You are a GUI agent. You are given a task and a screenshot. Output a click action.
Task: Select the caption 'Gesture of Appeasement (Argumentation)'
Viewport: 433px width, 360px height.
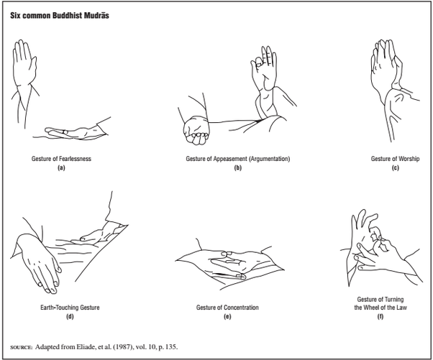(x=237, y=158)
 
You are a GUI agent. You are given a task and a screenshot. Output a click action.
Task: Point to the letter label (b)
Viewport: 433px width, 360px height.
(x=237, y=167)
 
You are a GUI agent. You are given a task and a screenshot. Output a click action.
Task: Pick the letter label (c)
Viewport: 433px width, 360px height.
(x=395, y=167)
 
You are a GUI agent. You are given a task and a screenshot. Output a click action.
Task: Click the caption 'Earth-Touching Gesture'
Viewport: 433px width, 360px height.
(x=70, y=308)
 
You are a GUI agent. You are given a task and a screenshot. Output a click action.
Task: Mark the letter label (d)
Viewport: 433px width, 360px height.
(x=70, y=316)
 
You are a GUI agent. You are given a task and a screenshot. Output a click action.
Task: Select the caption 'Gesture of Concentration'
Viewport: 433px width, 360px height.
(x=227, y=308)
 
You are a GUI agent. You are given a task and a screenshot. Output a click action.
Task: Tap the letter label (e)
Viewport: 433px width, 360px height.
(x=227, y=316)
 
